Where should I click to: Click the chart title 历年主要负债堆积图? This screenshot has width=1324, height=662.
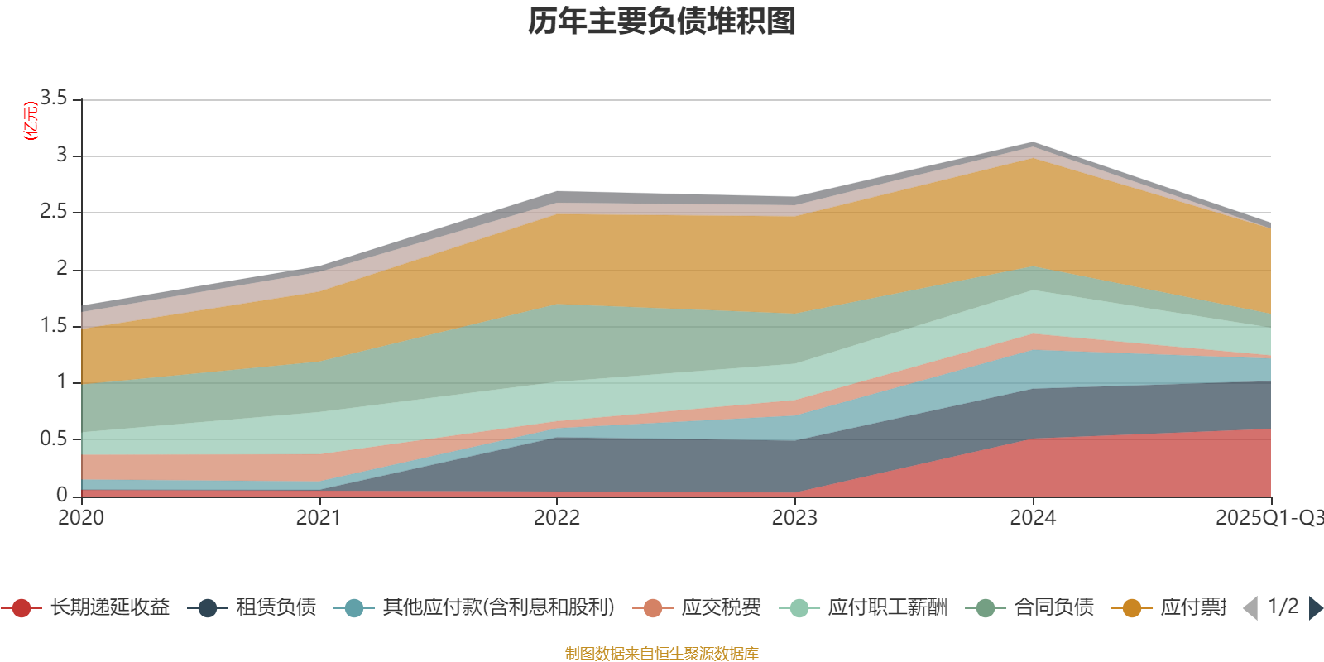point(661,22)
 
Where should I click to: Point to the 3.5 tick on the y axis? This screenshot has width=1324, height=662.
point(54,98)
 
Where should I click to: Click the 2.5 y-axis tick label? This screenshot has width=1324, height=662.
point(54,212)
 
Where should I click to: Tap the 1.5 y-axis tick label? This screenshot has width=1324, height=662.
point(54,325)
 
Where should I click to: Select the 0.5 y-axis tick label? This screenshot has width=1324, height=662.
point(54,439)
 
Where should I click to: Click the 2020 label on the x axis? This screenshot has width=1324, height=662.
point(81,518)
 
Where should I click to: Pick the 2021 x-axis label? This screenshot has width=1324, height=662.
point(319,518)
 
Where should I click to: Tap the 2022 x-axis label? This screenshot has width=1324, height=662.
point(557,518)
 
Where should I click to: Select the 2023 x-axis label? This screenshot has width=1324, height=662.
point(794,518)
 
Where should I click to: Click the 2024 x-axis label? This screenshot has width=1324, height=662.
point(1033,518)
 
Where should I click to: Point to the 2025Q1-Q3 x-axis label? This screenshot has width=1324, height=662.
point(1268,518)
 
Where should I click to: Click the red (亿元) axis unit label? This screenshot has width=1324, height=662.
point(31,121)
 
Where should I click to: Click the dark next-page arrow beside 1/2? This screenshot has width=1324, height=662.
point(1315,608)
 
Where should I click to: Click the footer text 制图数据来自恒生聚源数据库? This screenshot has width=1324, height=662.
point(661,654)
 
